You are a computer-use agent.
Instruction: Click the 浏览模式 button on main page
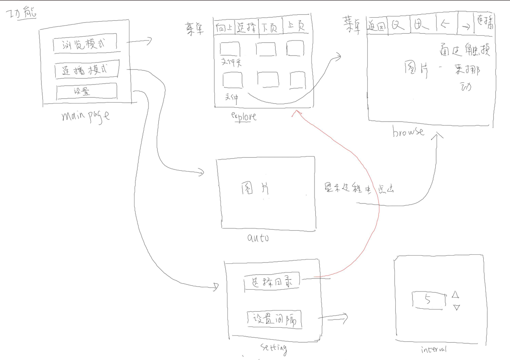click(85, 44)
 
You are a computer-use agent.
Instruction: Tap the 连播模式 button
click(87, 70)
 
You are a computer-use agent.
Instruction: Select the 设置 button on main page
click(87, 91)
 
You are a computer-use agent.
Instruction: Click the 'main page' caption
click(85, 116)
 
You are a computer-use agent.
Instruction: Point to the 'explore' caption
click(244, 116)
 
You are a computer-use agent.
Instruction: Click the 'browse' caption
click(408, 132)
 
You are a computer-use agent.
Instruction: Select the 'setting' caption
click(274, 347)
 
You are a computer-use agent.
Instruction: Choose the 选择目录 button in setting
click(272, 283)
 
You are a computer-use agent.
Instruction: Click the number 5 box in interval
click(428, 300)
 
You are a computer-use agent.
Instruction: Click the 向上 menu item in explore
click(224, 27)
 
